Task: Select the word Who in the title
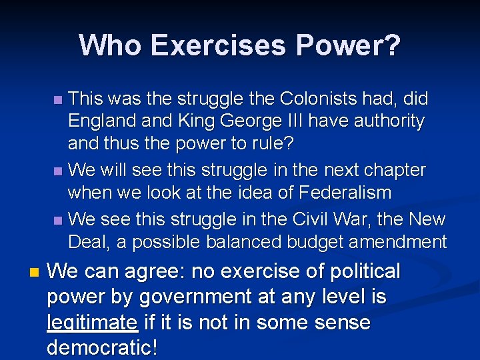(110, 45)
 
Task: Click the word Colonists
(323, 99)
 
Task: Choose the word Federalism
(355, 192)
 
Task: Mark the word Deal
(89, 241)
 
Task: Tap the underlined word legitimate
(92, 323)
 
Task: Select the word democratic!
(102, 348)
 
